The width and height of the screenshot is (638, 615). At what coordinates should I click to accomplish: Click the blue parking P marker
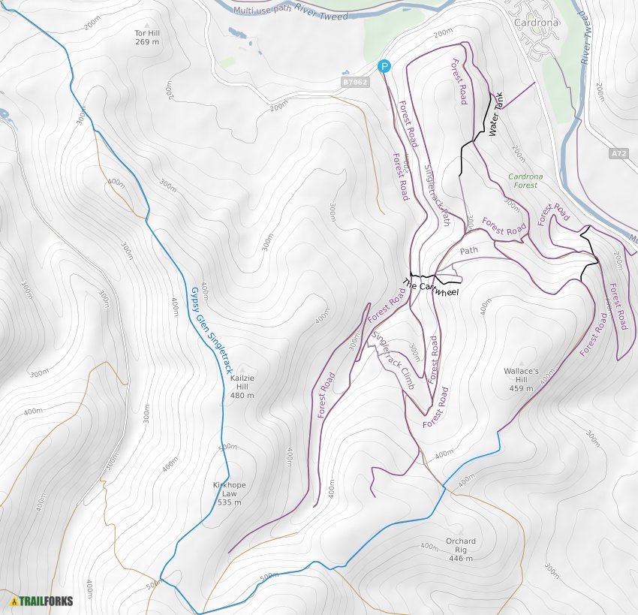384,67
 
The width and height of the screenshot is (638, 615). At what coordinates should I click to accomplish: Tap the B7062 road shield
355,82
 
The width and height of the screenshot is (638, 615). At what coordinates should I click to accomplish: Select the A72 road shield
618,153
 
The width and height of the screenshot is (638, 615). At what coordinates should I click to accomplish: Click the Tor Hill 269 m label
147,38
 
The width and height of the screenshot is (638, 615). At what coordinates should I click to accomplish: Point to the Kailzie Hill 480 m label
242,386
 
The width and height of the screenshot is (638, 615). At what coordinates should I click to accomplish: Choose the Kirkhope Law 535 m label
228,493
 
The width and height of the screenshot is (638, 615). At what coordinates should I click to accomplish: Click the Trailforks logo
41,601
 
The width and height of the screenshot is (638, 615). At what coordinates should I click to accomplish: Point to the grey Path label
468,251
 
